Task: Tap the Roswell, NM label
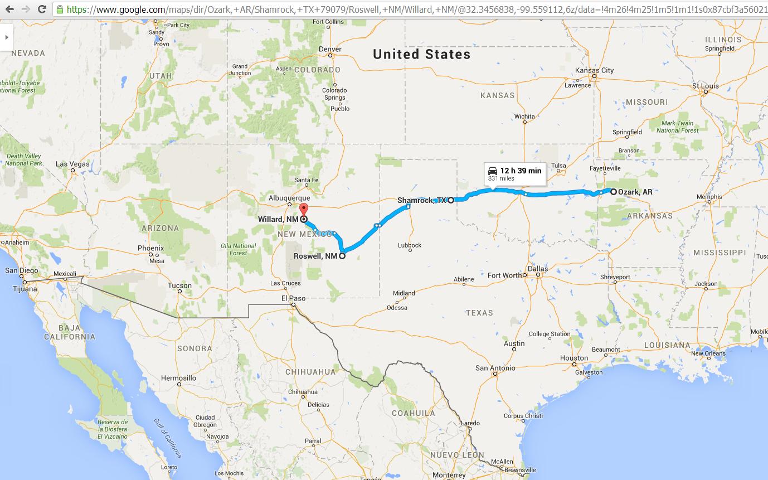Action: click(x=315, y=256)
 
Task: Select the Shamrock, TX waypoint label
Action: click(x=422, y=200)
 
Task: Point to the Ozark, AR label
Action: click(x=635, y=192)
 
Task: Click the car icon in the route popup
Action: click(x=492, y=171)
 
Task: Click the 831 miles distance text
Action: click(x=501, y=179)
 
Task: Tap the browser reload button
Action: click(x=42, y=9)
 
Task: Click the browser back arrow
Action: click(x=9, y=9)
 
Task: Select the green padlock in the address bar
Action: click(x=60, y=9)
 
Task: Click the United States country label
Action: click(x=421, y=54)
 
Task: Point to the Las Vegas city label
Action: click(x=72, y=164)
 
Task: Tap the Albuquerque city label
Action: click(x=289, y=198)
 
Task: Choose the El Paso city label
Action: click(x=293, y=298)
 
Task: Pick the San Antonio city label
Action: click(x=495, y=368)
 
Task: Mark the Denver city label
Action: click(x=330, y=49)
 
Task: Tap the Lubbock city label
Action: click(x=410, y=245)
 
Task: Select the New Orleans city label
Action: click(x=708, y=353)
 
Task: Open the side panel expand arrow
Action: click(x=6, y=37)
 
